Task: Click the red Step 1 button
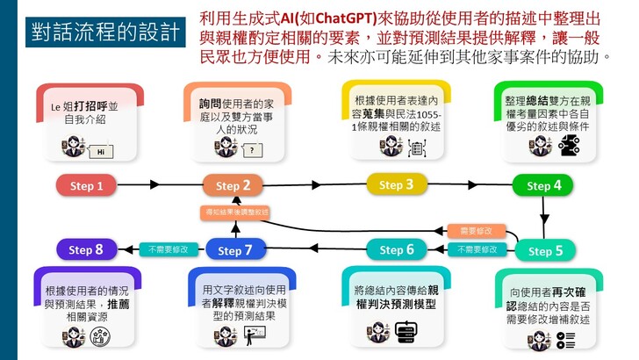pos(87,185)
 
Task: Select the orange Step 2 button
pos(233,185)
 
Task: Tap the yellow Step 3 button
pos(396,184)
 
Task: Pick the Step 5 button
pos(545,251)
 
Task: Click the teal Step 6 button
pos(396,250)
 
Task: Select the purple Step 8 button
pos(86,250)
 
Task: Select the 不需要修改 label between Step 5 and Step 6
pos(476,249)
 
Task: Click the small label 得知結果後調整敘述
pos(234,212)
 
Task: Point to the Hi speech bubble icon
pos(103,151)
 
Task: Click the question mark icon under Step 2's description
pos(251,150)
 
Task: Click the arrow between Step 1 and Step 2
pos(159,185)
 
